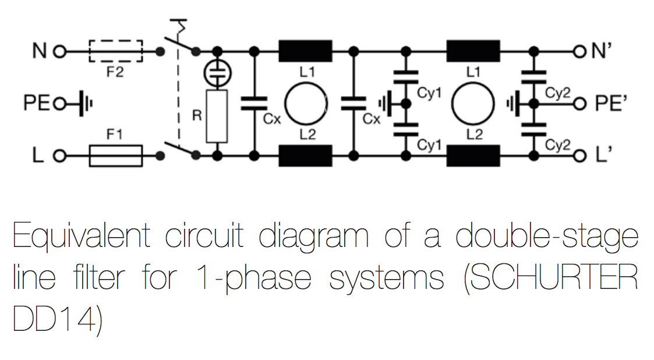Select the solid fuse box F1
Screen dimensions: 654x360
pos(116,156)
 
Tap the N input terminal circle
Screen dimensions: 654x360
pos(60,52)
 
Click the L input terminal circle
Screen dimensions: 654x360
pos(60,156)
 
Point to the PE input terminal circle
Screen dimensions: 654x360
pos(60,103)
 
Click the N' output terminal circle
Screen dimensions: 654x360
pos(580,52)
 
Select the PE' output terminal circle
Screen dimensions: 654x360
pos(580,104)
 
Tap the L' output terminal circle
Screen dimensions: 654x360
pos(580,156)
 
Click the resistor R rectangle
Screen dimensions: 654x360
pos(217,116)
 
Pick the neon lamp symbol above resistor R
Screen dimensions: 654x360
pos(217,73)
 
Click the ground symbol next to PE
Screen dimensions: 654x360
pos(85,103)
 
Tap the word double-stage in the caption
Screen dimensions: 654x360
pos(546,237)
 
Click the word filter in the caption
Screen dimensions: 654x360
pos(99,277)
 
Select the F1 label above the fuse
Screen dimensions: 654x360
pos(115,135)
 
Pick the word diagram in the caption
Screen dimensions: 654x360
pos(314,237)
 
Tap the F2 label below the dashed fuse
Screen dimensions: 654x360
pos(115,72)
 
